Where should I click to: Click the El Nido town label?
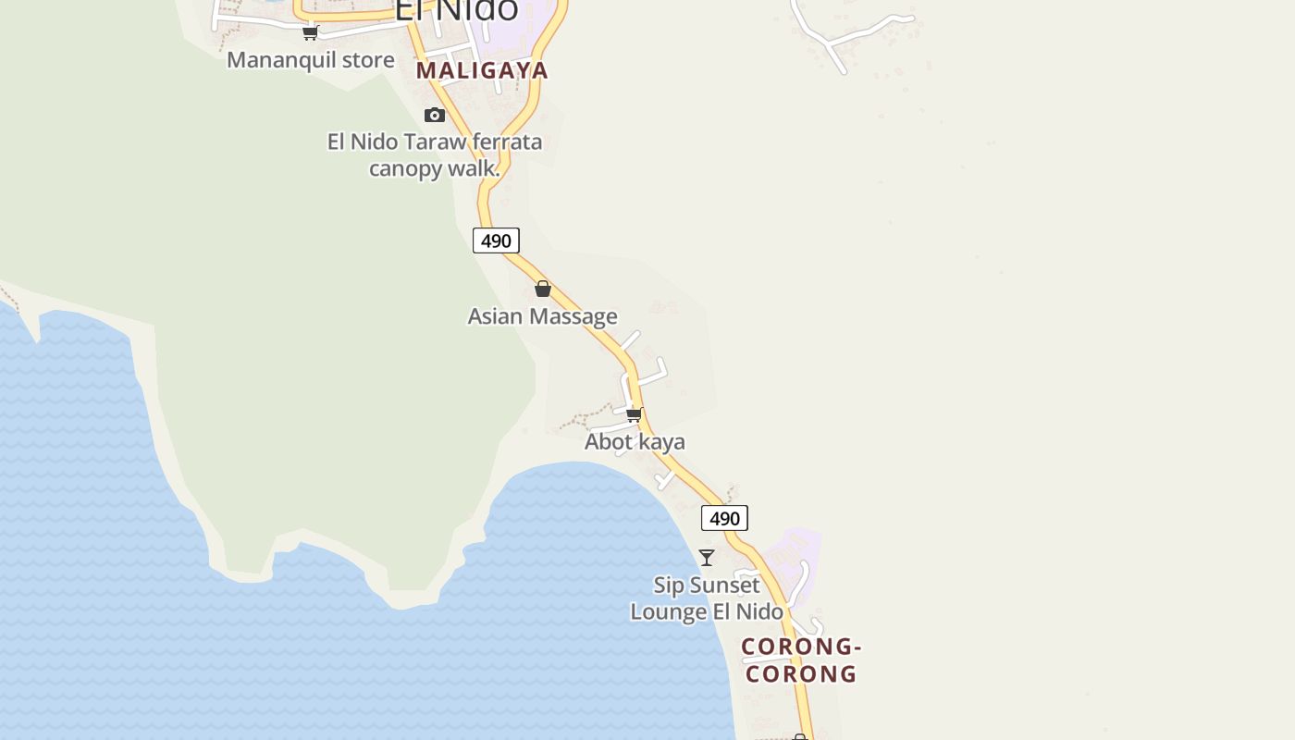pyautogui.click(x=456, y=9)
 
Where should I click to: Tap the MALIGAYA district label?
pyautogui.click(x=482, y=70)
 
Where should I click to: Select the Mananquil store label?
pyautogui.click(x=311, y=60)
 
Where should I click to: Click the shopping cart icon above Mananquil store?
pyautogui.click(x=311, y=33)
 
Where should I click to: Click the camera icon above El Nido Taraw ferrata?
pyautogui.click(x=435, y=115)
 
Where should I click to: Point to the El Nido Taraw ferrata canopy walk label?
pyautogui.click(x=435, y=154)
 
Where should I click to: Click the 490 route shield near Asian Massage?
pyautogui.click(x=496, y=240)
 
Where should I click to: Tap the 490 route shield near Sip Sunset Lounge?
pyautogui.click(x=724, y=518)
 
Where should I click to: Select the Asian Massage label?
pyautogui.click(x=542, y=316)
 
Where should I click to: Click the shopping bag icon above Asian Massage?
pyautogui.click(x=543, y=290)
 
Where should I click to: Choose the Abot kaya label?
pyautogui.click(x=635, y=442)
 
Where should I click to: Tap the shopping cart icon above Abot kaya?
pyautogui.click(x=635, y=414)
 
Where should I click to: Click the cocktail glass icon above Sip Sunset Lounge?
pyautogui.click(x=707, y=557)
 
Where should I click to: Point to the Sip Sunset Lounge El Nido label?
pyautogui.click(x=707, y=598)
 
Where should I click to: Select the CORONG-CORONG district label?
pyautogui.click(x=801, y=660)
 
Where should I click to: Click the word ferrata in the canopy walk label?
pyautogui.click(x=507, y=142)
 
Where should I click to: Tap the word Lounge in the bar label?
pyautogui.click(x=669, y=612)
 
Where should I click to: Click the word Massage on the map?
pyautogui.click(x=575, y=316)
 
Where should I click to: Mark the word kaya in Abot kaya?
pyautogui.click(x=661, y=442)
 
